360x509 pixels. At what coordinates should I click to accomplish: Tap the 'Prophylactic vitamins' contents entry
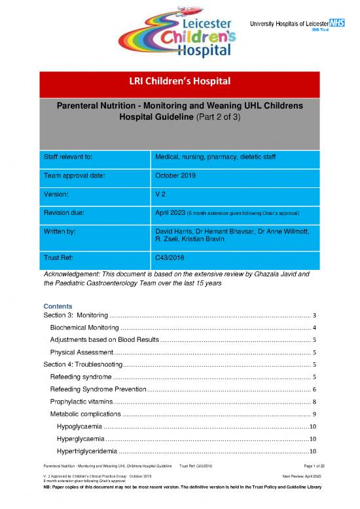(x=81, y=401)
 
